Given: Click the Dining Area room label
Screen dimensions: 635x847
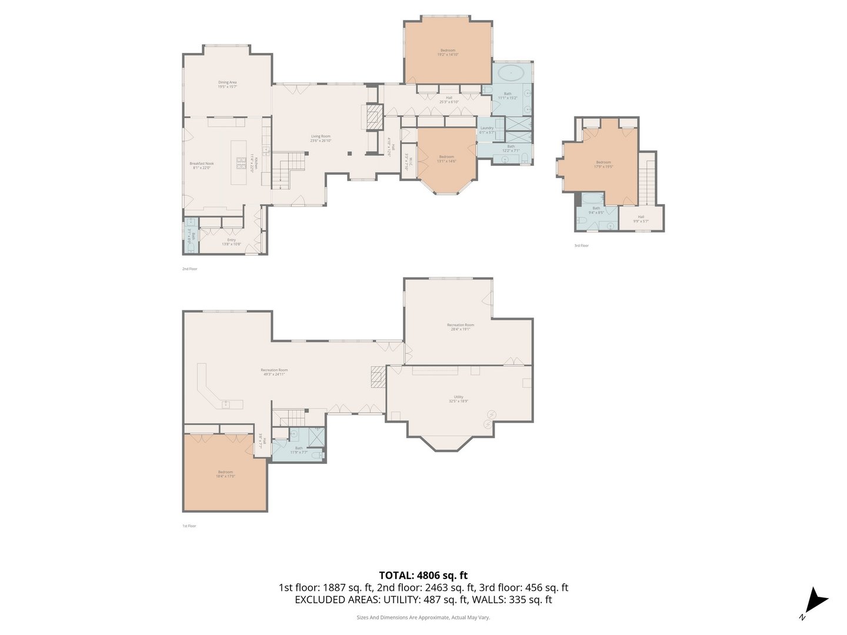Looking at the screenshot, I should pos(227,85).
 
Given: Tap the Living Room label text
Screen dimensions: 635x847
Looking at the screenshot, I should pos(321,138).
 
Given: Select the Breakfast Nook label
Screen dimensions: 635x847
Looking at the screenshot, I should pos(201,165).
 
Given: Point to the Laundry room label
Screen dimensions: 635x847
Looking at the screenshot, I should pos(487,130).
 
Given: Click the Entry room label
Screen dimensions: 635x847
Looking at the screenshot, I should pos(231,242).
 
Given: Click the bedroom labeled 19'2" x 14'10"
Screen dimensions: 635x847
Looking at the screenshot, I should pos(448,52).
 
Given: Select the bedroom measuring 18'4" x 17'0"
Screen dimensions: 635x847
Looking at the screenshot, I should pos(225,474).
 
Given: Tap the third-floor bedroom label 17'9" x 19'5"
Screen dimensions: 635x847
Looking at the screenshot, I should pos(603,164).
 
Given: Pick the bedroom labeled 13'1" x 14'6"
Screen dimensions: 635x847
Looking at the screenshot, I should pos(446,159).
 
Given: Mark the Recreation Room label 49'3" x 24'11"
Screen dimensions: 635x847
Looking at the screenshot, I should pos(274,372).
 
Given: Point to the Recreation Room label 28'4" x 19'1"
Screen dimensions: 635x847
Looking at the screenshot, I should pos(460,327).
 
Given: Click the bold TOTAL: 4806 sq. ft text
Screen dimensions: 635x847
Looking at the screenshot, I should pos(423,576).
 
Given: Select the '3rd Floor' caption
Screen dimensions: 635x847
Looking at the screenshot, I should pos(581,246).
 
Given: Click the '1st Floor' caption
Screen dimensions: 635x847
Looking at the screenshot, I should pos(189,526).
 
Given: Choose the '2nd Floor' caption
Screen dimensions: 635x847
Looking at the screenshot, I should pos(189,269).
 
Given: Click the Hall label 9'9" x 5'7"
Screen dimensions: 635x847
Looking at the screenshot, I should pos(641,219).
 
